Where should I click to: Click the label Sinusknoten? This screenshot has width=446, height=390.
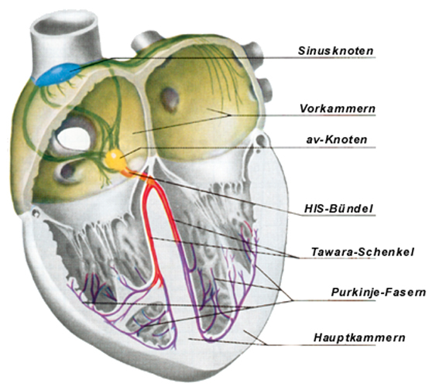point(335,50)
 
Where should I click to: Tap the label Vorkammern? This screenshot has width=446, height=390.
point(338,108)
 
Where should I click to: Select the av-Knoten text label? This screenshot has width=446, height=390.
point(337,139)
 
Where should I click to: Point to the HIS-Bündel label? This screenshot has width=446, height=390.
point(338,209)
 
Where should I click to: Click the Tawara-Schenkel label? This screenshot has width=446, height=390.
point(362,251)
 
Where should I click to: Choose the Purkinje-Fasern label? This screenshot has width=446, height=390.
point(379,292)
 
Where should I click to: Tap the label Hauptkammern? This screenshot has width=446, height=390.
point(359,337)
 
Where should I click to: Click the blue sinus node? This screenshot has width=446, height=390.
point(57,74)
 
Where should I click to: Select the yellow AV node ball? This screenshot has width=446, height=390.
point(115,159)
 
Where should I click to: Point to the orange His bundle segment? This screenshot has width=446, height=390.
point(129,172)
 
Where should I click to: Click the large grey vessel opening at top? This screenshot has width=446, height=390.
point(66,23)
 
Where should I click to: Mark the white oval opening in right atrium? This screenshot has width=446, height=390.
point(74,139)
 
